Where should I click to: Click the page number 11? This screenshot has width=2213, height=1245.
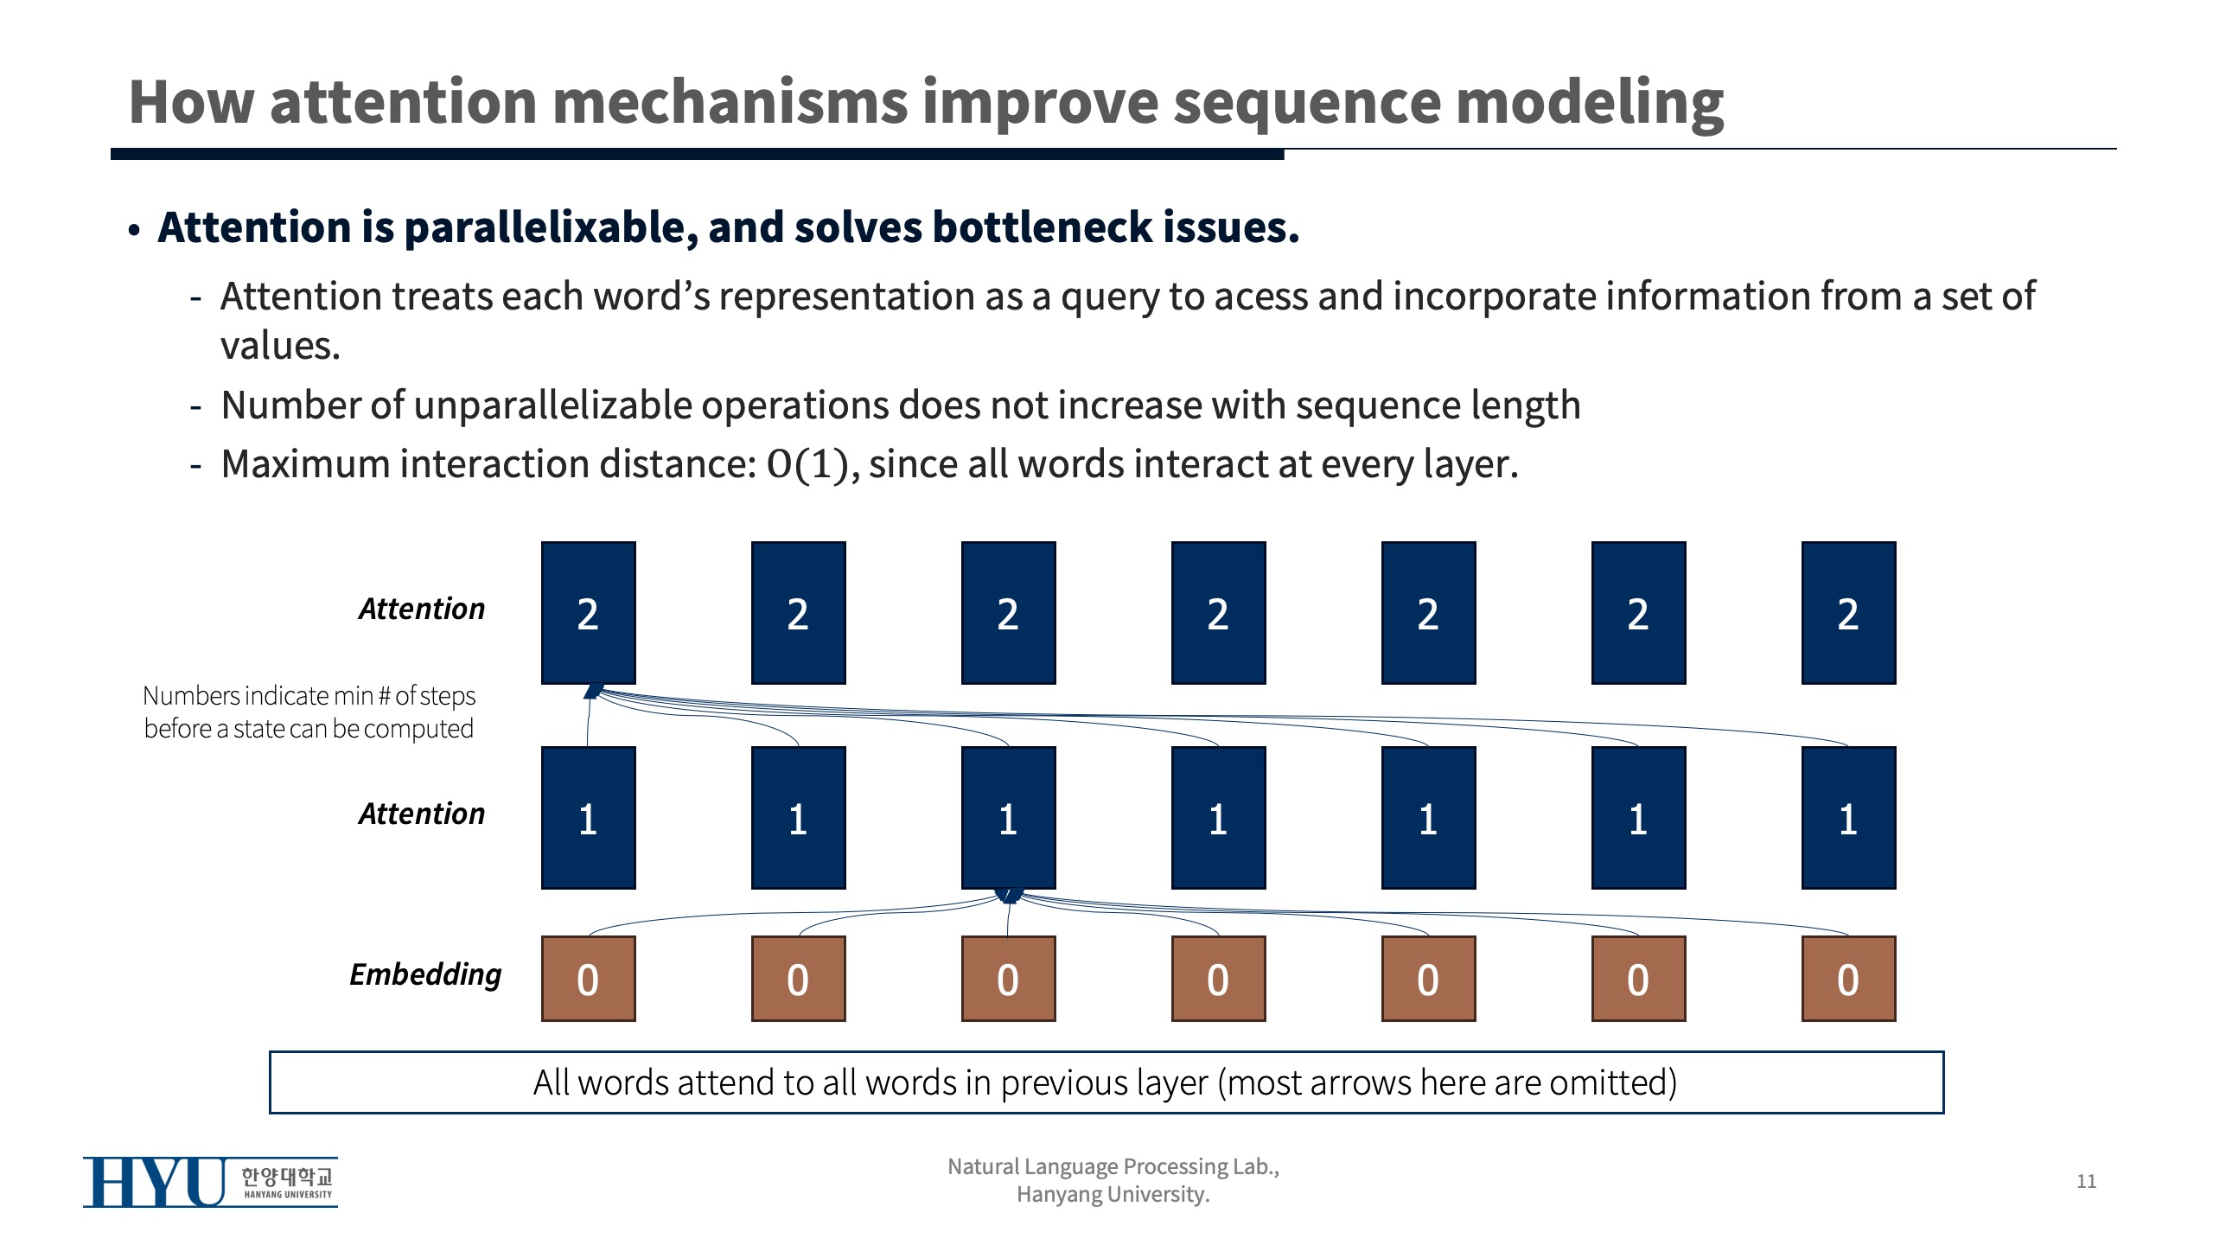tap(2086, 1181)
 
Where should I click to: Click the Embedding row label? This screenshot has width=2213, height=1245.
tap(425, 974)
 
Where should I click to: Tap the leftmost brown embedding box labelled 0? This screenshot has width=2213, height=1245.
tap(588, 979)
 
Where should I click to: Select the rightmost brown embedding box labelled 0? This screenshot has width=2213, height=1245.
tap(1848, 979)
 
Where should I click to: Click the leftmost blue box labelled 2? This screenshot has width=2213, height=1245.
tap(588, 613)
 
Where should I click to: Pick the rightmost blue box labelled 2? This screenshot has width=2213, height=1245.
tap(1848, 613)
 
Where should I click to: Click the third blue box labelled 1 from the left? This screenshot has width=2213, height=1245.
tap(1008, 818)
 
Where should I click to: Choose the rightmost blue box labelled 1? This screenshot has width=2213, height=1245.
tap(1848, 818)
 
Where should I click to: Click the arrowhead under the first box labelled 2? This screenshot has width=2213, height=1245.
tap(593, 691)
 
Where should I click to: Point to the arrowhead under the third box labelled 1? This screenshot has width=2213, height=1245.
tap(1009, 896)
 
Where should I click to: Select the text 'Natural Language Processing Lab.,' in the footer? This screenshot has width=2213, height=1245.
tap(1113, 1166)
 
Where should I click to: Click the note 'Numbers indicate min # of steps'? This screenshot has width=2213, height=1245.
tap(309, 696)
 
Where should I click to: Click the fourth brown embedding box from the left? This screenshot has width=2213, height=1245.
tap(1218, 979)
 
